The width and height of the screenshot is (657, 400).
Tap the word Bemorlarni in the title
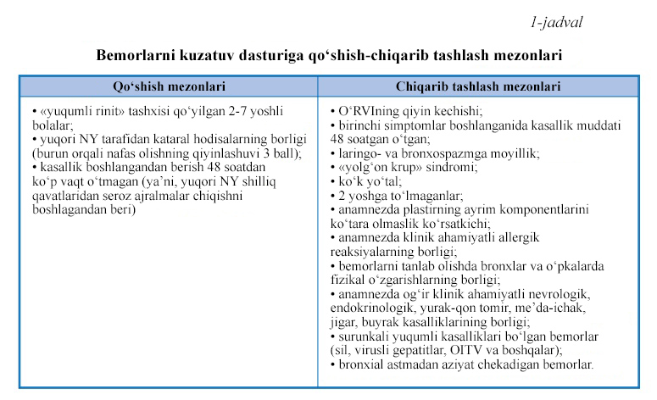click(x=136, y=55)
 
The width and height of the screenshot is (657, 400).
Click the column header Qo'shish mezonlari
click(x=168, y=86)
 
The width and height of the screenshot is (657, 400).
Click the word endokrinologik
click(x=373, y=307)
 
